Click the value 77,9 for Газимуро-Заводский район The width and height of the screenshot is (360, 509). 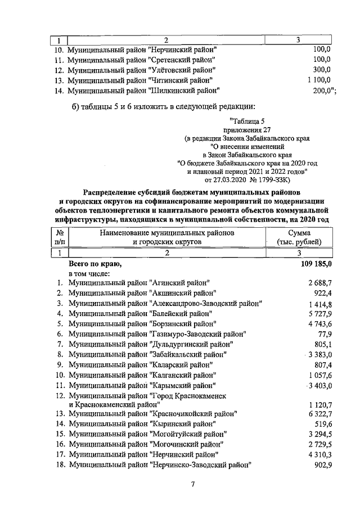[323, 334]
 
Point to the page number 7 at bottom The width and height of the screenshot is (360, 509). [192, 485]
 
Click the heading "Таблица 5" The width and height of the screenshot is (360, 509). [247, 120]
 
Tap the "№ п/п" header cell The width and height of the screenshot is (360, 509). [61, 237]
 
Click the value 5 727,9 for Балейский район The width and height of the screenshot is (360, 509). [319, 313]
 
